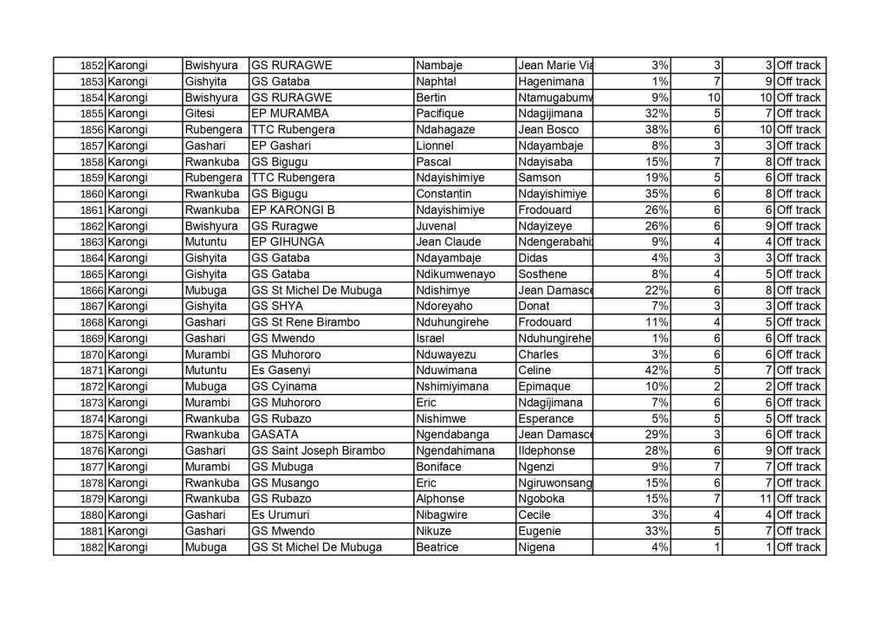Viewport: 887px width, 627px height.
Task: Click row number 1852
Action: coord(92,66)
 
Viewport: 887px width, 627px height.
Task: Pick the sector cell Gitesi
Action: coord(201,113)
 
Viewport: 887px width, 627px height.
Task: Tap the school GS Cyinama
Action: coord(284,386)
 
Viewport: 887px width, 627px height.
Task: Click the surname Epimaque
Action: coord(544,386)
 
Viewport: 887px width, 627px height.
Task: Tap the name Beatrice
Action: coord(437,547)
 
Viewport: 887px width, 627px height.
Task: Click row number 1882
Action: coord(92,547)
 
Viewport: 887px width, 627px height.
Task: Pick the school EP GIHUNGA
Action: coord(288,242)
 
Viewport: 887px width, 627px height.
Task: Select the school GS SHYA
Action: coord(275,307)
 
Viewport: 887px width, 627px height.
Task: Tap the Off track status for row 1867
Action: coord(799,307)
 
